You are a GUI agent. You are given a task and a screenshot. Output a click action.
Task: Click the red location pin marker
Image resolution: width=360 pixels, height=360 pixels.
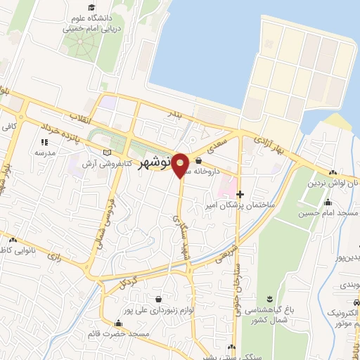[x=181, y=165]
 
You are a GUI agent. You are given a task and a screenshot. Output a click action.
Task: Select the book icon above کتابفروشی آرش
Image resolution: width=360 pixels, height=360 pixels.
[x=107, y=153]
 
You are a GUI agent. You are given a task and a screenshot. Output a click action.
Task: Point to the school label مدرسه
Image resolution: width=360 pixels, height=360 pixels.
[x=45, y=153]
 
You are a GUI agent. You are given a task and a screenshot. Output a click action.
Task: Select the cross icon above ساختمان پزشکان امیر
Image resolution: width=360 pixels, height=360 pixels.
[x=240, y=194]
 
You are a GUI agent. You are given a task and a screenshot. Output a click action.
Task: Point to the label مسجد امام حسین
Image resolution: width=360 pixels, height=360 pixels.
[x=326, y=212]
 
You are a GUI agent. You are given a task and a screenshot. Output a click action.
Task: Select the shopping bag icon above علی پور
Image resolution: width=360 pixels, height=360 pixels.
[x=158, y=297]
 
